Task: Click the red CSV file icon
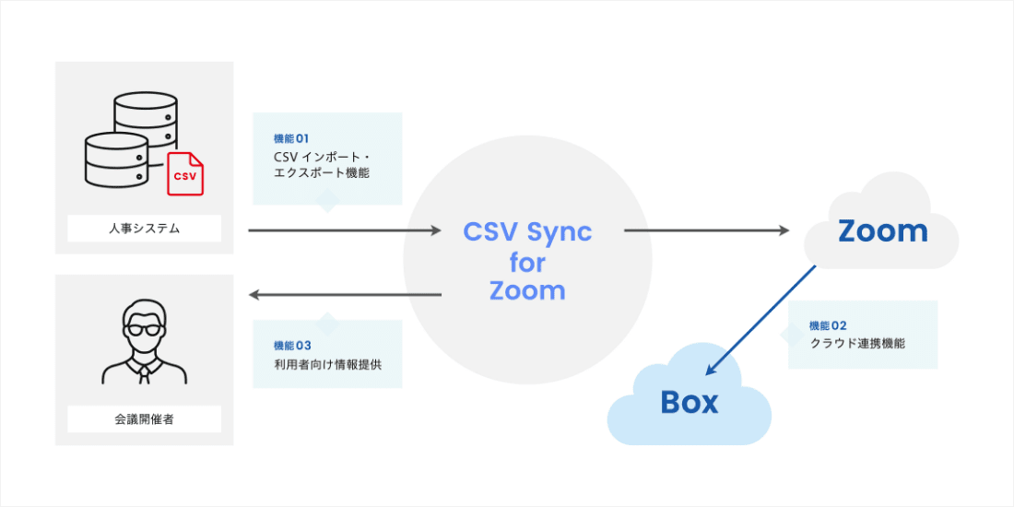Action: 185,174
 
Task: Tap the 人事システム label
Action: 144,229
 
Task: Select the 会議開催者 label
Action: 144,419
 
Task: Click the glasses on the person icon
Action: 143,328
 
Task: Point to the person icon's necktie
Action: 144,371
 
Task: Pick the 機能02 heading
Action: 827,325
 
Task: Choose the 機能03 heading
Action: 292,346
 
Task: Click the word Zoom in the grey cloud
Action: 882,230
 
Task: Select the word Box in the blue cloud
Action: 689,402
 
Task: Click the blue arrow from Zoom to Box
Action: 761,320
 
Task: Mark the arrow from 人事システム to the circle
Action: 345,230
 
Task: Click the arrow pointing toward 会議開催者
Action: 345,295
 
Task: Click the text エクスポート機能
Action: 322,172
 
